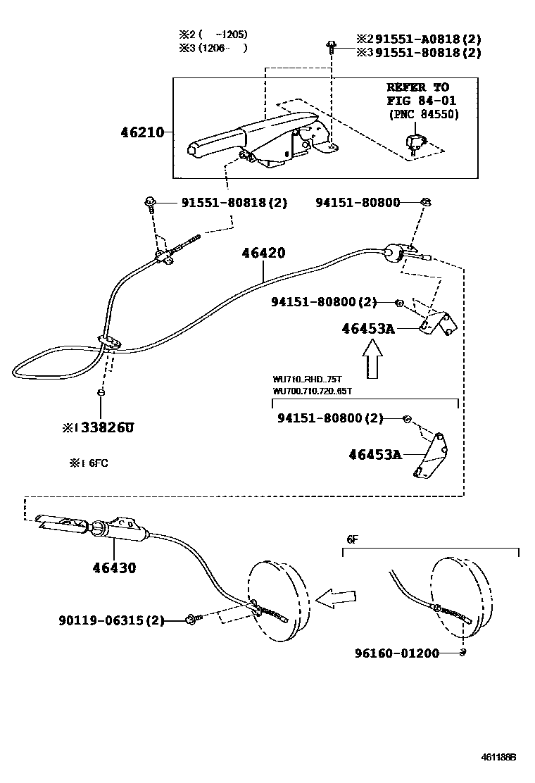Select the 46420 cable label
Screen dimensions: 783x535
[263, 253]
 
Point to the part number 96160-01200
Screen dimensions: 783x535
[396, 653]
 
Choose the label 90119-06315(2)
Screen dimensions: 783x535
[111, 620]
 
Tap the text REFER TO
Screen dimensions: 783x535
[417, 87]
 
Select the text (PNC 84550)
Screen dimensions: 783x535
[423, 115]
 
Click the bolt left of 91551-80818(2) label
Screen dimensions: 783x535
[150, 203]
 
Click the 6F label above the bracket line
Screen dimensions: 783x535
[352, 539]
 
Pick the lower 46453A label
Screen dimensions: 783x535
[374, 455]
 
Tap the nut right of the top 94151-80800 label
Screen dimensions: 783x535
[425, 203]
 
